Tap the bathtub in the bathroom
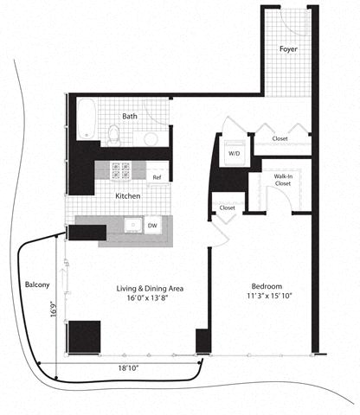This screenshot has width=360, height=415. [x=87, y=119]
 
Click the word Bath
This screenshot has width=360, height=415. [x=129, y=116]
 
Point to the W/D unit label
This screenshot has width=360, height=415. [x=234, y=153]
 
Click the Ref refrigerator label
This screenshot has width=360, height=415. [x=157, y=177]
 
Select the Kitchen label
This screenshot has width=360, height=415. [x=128, y=195]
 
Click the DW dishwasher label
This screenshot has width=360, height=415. [x=152, y=226]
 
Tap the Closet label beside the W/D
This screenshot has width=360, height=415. [x=280, y=138]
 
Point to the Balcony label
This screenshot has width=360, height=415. [x=36, y=284]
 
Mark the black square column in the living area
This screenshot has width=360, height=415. [x=84, y=335]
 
